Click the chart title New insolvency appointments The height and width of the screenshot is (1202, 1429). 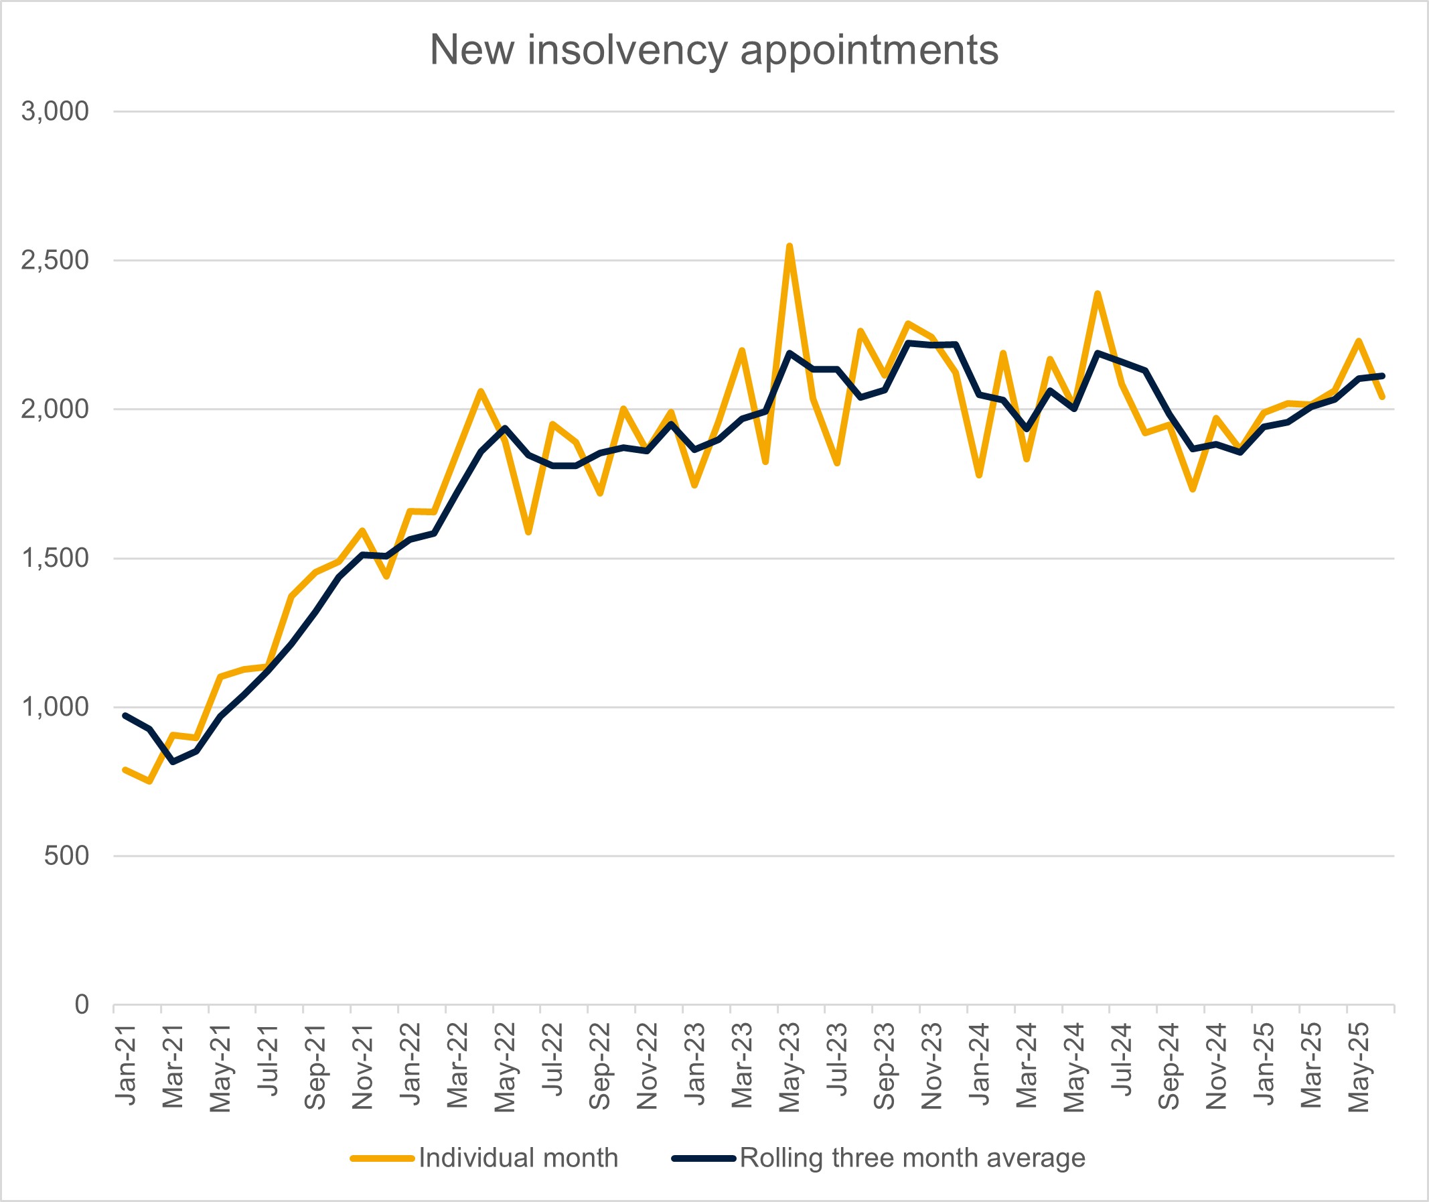click(714, 50)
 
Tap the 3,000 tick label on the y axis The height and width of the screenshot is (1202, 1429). click(54, 111)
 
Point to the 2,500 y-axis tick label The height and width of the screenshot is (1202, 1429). click(54, 259)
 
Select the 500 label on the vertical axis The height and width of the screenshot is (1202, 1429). click(66, 855)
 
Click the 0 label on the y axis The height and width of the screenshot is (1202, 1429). click(81, 1004)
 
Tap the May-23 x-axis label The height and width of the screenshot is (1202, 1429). click(789, 1067)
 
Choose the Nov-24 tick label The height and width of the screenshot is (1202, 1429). click(1217, 1066)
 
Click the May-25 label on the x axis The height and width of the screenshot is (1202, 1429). click(1359, 1067)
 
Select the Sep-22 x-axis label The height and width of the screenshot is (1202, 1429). click(599, 1066)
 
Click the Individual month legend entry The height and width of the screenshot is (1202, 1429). click(518, 1158)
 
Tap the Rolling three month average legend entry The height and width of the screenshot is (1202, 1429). click(912, 1158)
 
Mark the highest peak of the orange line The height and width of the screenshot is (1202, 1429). click(789, 246)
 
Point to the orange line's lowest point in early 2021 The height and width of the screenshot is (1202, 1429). click(149, 782)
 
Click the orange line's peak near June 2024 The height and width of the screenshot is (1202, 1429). click(1098, 293)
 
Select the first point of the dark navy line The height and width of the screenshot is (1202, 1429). click(125, 716)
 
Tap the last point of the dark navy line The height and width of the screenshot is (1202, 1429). click(1382, 375)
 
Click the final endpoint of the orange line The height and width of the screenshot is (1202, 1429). click(1382, 397)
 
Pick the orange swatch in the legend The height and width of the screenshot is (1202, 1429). click(382, 1158)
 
